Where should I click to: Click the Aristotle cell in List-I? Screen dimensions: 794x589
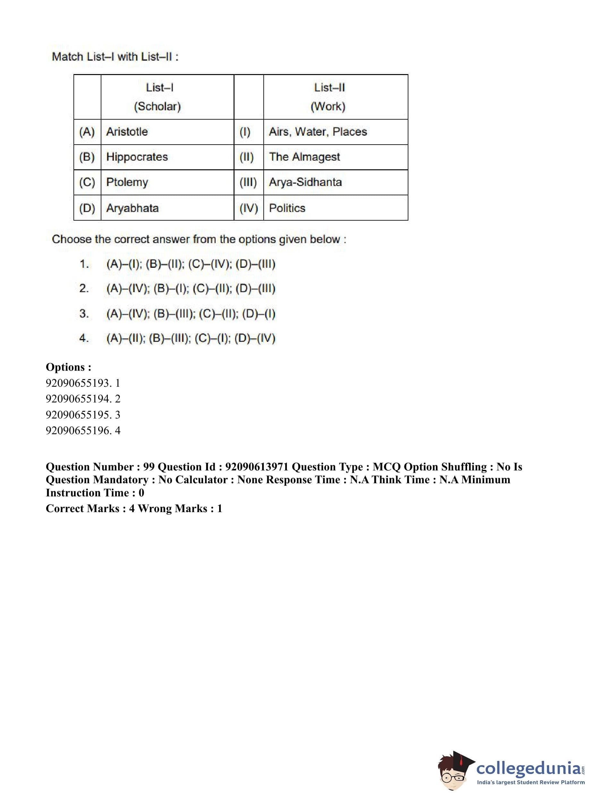tap(127, 132)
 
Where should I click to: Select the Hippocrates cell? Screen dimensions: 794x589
tap(137, 157)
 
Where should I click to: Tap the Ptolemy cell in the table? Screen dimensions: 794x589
tap(127, 182)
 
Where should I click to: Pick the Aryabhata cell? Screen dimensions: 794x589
tap(132, 208)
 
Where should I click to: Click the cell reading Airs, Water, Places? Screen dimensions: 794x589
tap(318, 132)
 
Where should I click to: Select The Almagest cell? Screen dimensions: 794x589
tap(304, 157)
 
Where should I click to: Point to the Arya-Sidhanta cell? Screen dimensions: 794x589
tap(305, 182)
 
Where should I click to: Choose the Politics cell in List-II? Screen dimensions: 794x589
tap(287, 208)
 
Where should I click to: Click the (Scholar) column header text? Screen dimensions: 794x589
tap(157, 106)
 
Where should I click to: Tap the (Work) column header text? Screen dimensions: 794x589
tap(328, 106)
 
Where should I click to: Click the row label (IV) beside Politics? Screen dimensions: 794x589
tap(249, 208)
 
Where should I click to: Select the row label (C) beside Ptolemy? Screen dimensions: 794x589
tap(87, 182)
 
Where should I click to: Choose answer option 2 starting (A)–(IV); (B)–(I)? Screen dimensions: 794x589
tap(191, 289)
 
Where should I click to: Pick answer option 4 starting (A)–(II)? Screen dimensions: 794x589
tap(191, 338)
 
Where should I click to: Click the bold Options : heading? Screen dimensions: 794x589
tap(68, 367)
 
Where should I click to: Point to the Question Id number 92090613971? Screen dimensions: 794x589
tap(257, 467)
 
